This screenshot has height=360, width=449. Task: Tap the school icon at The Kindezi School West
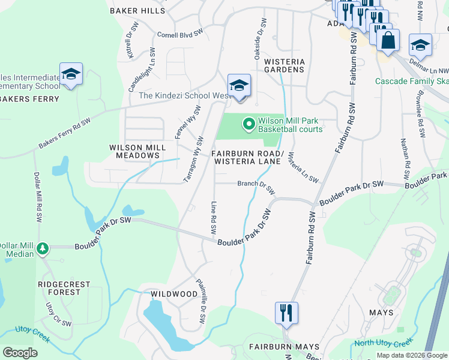pyautogui.click(x=238, y=85)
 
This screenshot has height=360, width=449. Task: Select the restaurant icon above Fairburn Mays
pyautogui.click(x=286, y=313)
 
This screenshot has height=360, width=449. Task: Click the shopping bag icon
pyautogui.click(x=388, y=41)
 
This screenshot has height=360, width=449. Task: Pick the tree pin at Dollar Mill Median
pyautogui.click(x=42, y=248)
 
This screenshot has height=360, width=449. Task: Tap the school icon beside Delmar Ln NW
pyautogui.click(x=420, y=45)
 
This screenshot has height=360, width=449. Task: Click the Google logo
pyautogui.click(x=20, y=352)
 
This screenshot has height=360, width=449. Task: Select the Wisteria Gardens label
pyautogui.click(x=285, y=65)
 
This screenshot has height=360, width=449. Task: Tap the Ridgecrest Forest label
pyautogui.click(x=64, y=288)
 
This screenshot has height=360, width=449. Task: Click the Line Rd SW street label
pyautogui.click(x=213, y=217)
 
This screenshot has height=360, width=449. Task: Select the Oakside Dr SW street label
pyautogui.click(x=260, y=37)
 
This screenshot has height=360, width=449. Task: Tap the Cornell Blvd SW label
pyautogui.click(x=179, y=35)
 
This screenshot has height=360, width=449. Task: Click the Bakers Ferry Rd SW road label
pyautogui.click(x=65, y=133)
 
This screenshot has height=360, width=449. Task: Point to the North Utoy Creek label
pyautogui.click(x=384, y=343)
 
